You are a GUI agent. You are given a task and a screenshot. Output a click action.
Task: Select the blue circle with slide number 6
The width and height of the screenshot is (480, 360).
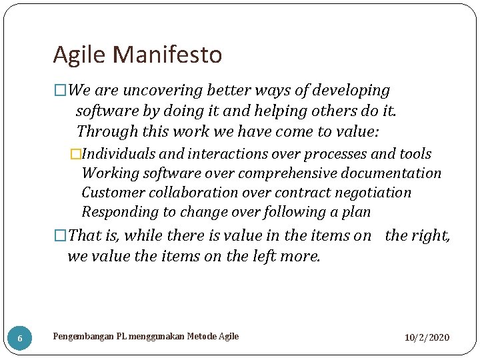click(x=20, y=338)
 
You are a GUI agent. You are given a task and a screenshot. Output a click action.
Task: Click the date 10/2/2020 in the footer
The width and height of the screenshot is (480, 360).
click(x=427, y=337)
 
